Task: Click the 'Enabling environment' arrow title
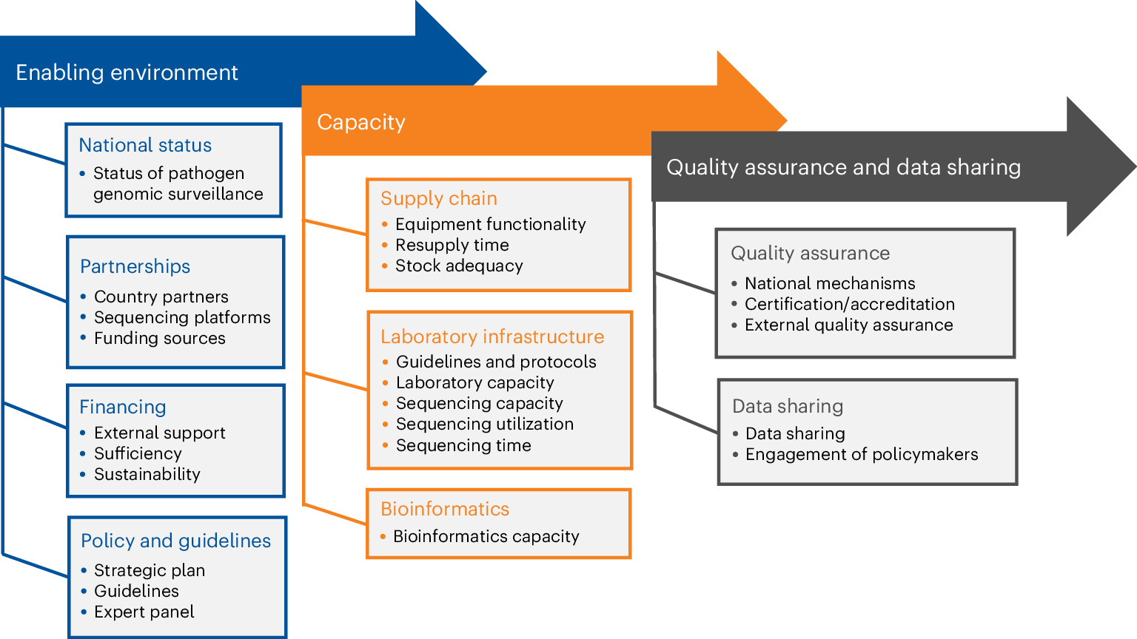127,72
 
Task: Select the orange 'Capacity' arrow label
361,122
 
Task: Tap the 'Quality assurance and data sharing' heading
843,167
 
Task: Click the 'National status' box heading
145,145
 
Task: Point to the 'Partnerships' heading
135,266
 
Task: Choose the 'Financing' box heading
122,407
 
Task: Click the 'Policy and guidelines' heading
175,541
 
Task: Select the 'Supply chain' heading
438,198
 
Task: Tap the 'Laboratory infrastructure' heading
492,337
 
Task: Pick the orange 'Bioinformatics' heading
444,509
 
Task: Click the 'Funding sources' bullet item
159,338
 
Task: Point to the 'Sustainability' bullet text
147,474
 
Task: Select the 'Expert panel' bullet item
144,612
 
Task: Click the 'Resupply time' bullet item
452,245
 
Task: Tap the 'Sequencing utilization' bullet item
484,424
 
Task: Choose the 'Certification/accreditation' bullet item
849,304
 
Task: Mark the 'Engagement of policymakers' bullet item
861,454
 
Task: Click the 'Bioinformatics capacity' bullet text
486,536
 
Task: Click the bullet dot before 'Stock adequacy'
385,266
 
